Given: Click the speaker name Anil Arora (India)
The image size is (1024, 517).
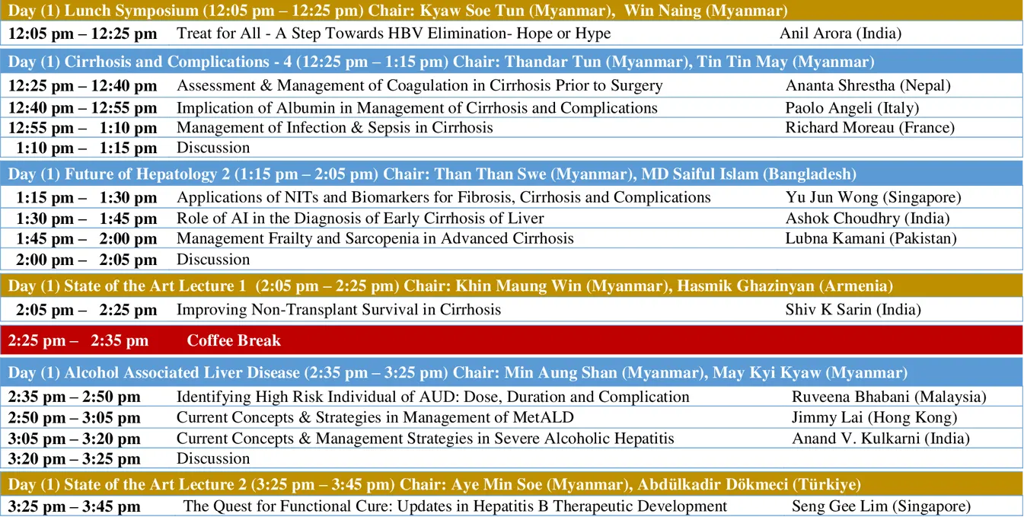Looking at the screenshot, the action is click(x=841, y=34).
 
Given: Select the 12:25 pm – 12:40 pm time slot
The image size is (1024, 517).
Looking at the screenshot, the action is click(x=82, y=85).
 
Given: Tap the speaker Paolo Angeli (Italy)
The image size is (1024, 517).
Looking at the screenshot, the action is click(x=852, y=108).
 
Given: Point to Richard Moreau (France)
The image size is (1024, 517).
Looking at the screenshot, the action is click(x=870, y=127).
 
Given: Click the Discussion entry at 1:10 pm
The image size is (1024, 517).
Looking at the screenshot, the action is click(x=213, y=148).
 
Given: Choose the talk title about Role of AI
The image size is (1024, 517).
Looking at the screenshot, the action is click(x=360, y=219).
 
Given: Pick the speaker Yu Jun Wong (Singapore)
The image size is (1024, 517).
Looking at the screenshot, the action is click(x=873, y=197).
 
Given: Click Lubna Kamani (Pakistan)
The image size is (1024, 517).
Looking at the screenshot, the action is click(x=871, y=238).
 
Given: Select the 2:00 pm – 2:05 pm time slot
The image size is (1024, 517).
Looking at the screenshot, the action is click(x=86, y=260).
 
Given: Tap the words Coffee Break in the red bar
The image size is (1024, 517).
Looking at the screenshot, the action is click(x=234, y=340).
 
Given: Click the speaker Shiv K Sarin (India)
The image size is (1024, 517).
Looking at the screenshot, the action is click(x=853, y=310).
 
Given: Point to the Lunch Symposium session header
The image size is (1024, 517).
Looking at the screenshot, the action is click(x=397, y=11).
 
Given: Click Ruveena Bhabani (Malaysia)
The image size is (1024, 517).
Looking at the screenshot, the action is click(x=889, y=397).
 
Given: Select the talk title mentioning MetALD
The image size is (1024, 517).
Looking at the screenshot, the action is click(x=375, y=417).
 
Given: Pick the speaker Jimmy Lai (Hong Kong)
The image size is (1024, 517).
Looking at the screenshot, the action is click(x=875, y=417).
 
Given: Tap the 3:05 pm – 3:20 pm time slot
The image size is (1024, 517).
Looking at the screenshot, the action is click(x=74, y=439).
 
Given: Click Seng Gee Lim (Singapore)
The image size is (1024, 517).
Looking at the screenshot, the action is click(x=882, y=506).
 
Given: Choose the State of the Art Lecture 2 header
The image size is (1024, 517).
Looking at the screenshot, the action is click(x=434, y=484).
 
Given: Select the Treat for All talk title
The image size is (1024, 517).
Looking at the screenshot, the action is click(x=394, y=34).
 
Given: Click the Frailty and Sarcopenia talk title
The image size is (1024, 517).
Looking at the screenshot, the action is click(x=375, y=238).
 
